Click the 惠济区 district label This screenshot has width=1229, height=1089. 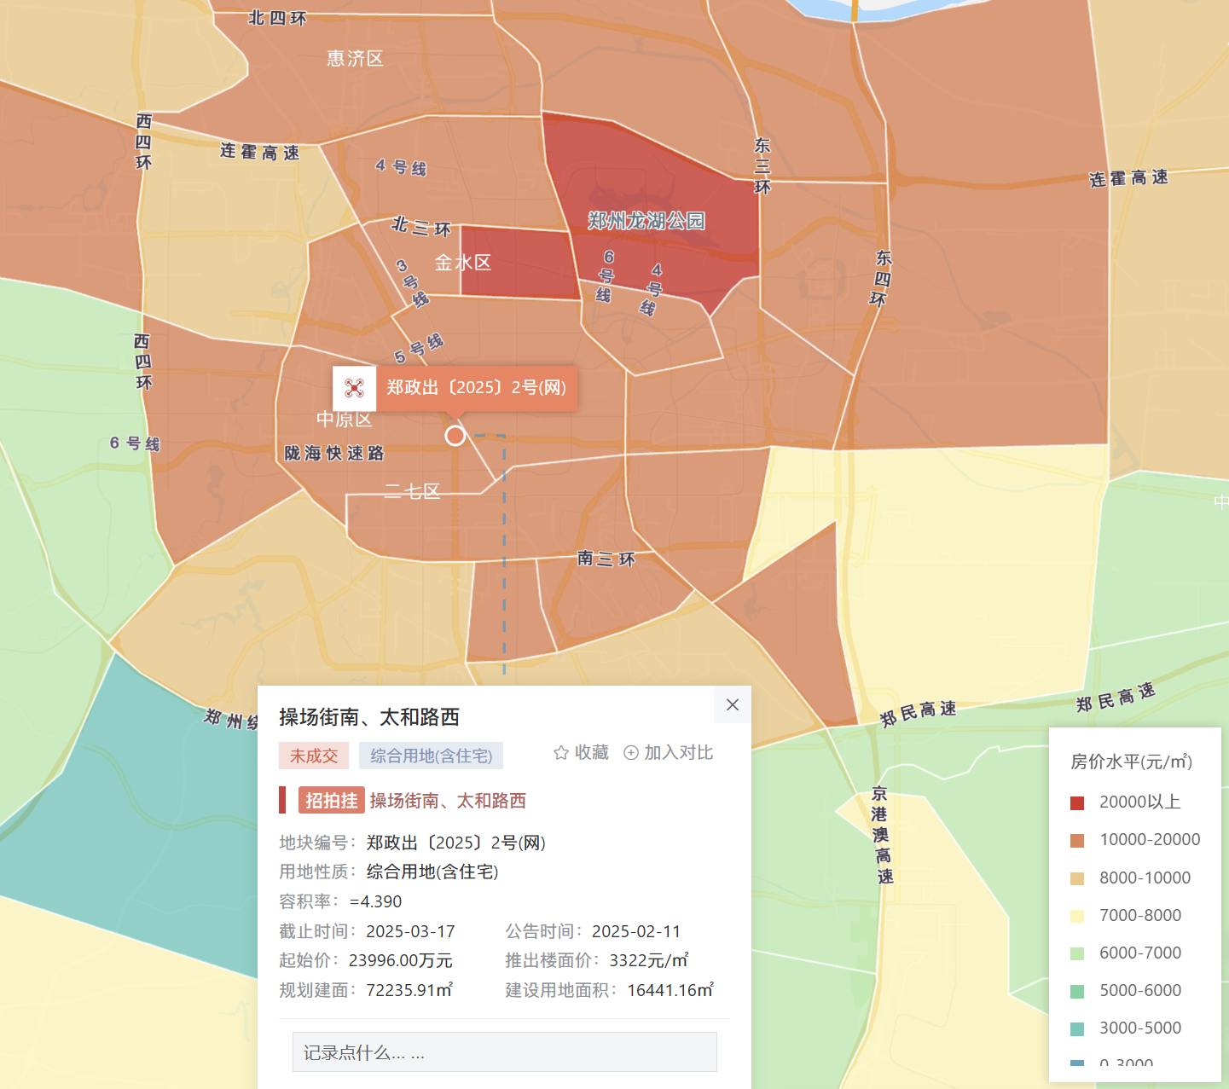355,59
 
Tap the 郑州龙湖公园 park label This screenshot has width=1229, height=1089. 646,221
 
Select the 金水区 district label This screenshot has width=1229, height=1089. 463,263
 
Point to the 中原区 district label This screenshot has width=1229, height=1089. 344,420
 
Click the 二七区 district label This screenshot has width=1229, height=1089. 412,491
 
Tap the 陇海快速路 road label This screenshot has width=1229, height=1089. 334,453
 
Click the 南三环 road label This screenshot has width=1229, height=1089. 606,559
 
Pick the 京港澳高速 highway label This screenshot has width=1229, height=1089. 881,835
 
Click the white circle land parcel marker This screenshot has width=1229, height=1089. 455,436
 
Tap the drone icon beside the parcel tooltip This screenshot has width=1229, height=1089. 354,389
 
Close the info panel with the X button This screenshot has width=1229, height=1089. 732,704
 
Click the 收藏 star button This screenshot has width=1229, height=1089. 582,752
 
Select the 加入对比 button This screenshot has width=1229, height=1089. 669,752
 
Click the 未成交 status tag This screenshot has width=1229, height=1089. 313,756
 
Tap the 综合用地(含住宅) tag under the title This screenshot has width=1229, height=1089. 431,756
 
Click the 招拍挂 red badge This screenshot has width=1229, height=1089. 332,801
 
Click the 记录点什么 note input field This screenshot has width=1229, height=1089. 504,1052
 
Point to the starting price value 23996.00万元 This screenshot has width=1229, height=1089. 400,960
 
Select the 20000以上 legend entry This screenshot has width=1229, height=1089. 1139,802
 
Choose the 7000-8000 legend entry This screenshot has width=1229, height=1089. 1139,915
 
